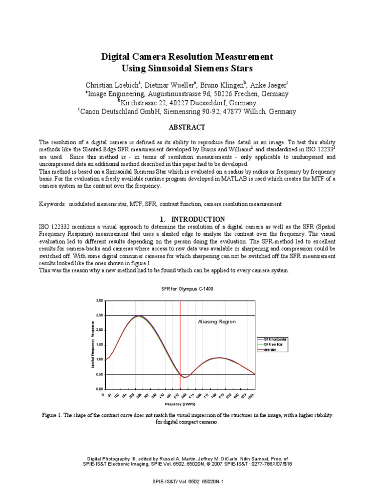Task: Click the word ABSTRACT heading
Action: (x=187, y=127)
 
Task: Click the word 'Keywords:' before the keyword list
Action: (x=53, y=203)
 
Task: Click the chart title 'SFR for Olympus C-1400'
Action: (x=187, y=289)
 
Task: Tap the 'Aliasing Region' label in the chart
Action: (x=216, y=321)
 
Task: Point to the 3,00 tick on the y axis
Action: (x=100, y=300)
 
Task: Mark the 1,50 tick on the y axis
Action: (x=100, y=344)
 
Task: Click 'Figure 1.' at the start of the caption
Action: (x=52, y=415)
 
